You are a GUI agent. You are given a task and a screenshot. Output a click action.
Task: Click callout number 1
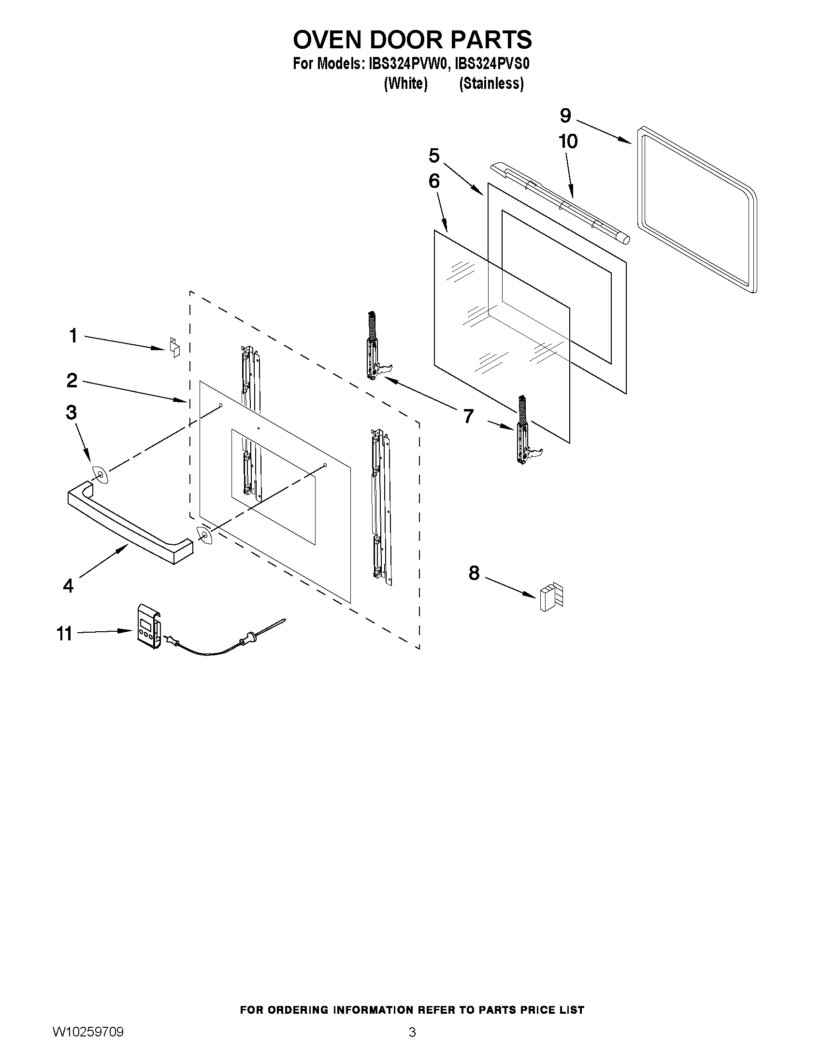click(x=73, y=336)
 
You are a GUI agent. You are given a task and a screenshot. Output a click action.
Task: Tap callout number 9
click(x=565, y=116)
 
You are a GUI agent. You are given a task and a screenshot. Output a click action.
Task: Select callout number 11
click(x=64, y=634)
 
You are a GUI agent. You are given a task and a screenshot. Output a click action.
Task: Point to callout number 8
click(x=474, y=573)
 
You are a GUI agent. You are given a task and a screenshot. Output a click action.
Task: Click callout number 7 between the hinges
click(x=468, y=416)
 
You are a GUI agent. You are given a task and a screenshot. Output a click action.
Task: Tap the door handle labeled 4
click(x=129, y=525)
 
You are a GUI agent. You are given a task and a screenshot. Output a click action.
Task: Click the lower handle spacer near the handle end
click(x=203, y=536)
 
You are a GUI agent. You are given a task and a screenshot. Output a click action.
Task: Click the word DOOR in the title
click(x=408, y=40)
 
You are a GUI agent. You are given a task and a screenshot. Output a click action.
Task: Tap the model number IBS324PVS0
click(x=492, y=64)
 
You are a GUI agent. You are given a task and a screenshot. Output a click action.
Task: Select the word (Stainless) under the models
click(x=491, y=84)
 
